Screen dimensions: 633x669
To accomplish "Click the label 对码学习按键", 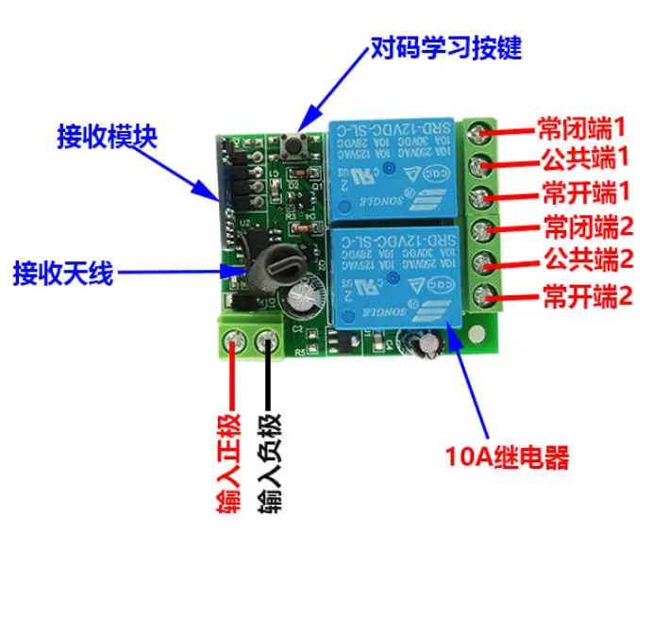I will (x=445, y=46).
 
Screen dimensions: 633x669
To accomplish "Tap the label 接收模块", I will (x=107, y=137).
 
